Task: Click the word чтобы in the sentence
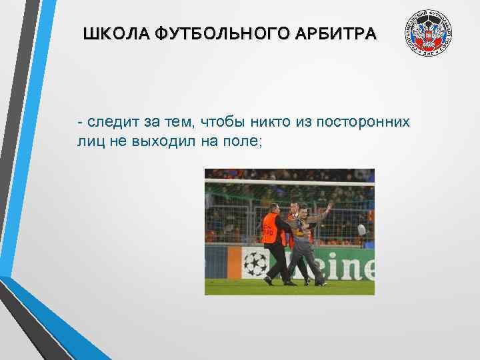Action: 218,122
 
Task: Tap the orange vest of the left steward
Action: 269,229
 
